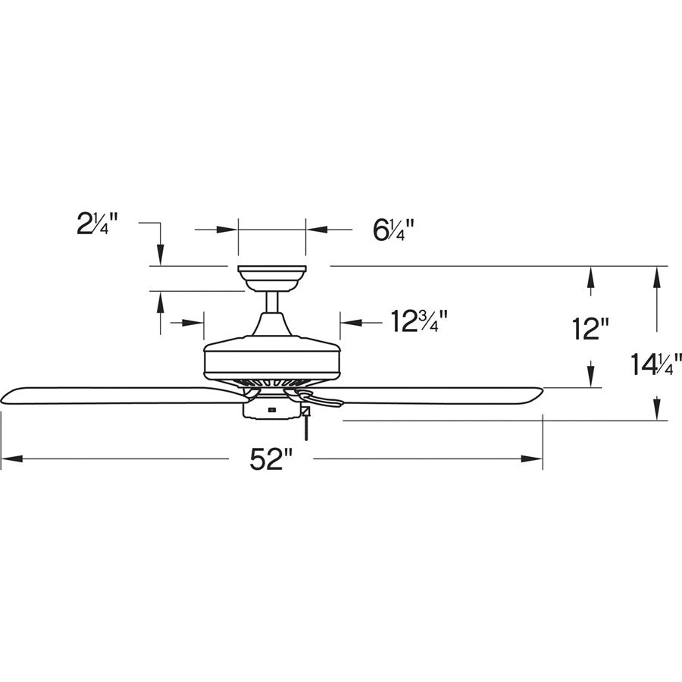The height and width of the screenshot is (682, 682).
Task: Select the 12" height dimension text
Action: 590,329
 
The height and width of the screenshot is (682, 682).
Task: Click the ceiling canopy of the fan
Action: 271,277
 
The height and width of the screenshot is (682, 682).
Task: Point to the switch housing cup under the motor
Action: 271,410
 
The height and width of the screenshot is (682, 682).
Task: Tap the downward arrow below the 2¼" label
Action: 160,253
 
